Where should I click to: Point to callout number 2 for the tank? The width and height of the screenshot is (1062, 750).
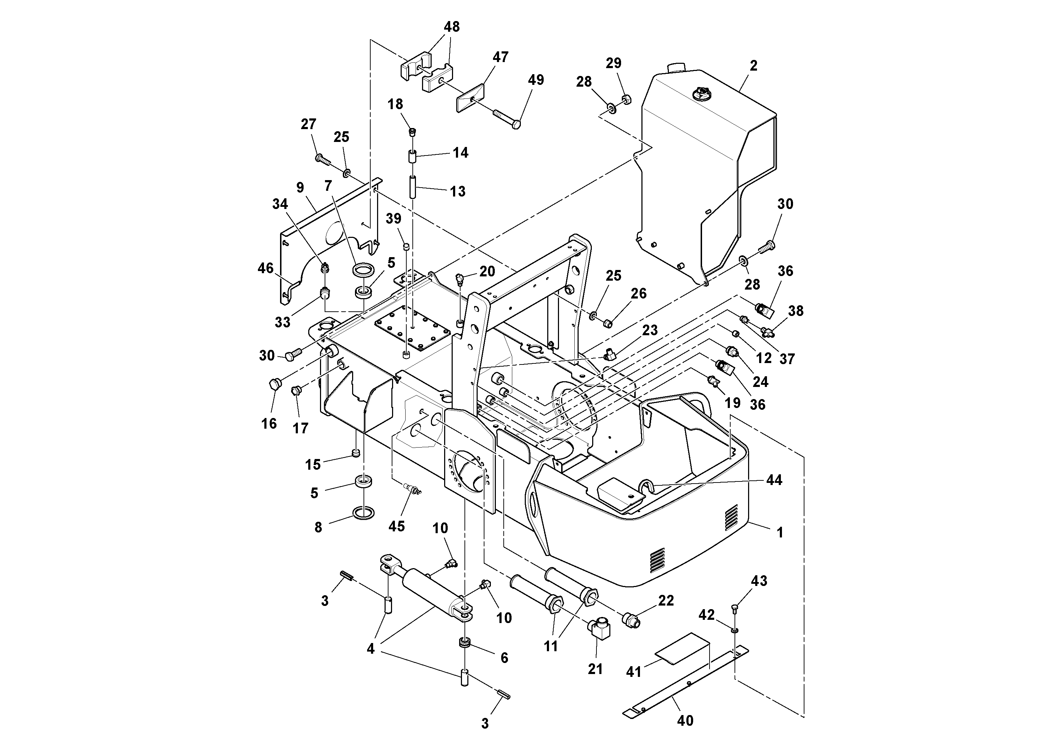753,66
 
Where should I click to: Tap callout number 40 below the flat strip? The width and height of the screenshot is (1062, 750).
685,720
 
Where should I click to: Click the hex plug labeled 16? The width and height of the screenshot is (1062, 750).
274,384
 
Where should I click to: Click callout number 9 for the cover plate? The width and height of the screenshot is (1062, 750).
300,188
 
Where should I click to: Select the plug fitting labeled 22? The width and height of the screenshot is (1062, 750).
630,619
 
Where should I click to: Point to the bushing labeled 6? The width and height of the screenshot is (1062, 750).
464,642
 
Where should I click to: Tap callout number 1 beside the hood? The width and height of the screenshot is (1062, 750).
780,533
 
